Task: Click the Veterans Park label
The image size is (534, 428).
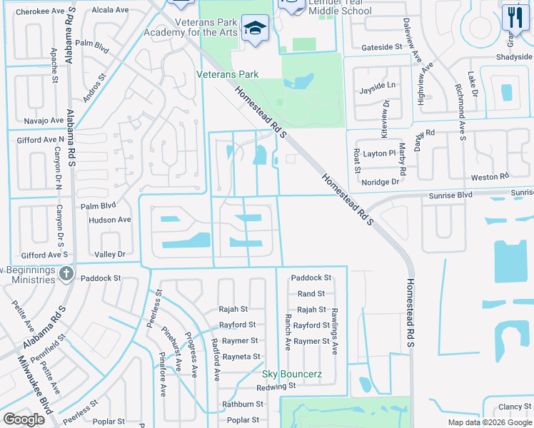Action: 228,73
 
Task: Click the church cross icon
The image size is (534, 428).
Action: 66,273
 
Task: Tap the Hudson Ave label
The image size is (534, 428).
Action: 110,220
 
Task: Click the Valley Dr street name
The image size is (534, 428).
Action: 110,254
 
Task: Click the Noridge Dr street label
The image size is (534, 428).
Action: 381,182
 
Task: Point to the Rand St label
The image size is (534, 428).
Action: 311,293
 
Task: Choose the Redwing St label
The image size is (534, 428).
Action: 277,386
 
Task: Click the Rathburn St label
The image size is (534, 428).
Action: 243,404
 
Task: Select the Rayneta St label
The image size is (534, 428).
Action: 241,357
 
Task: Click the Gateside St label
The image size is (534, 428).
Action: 382,47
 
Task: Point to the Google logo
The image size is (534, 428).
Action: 24,419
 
